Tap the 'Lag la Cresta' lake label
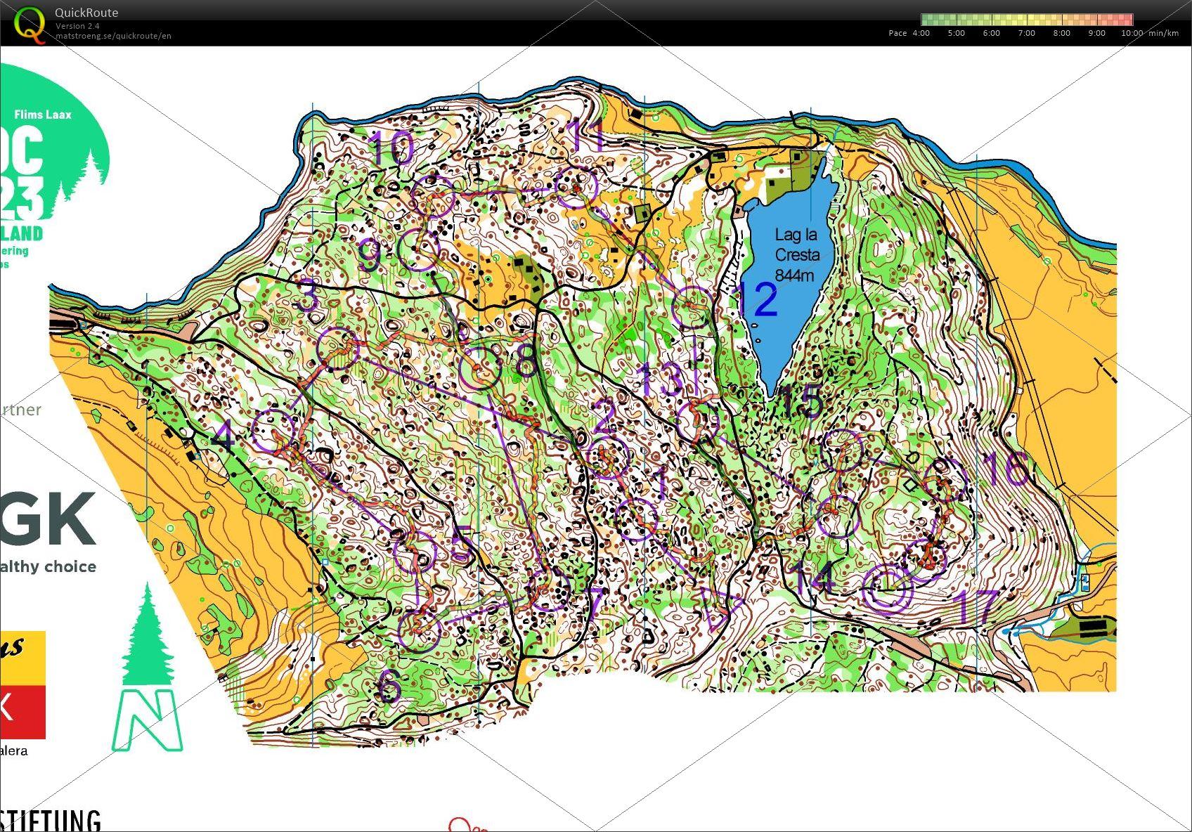pos(796,254)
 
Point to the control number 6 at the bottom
pos(389,686)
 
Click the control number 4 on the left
pos(223,438)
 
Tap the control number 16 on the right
pos(1005,468)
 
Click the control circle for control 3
pos(338,349)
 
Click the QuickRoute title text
pos(86,13)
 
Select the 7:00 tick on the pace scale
pos(1026,33)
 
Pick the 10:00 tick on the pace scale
pos(1132,33)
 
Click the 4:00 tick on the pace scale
pos(921,33)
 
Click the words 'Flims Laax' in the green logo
pos(43,115)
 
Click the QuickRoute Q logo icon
pos(29,24)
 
